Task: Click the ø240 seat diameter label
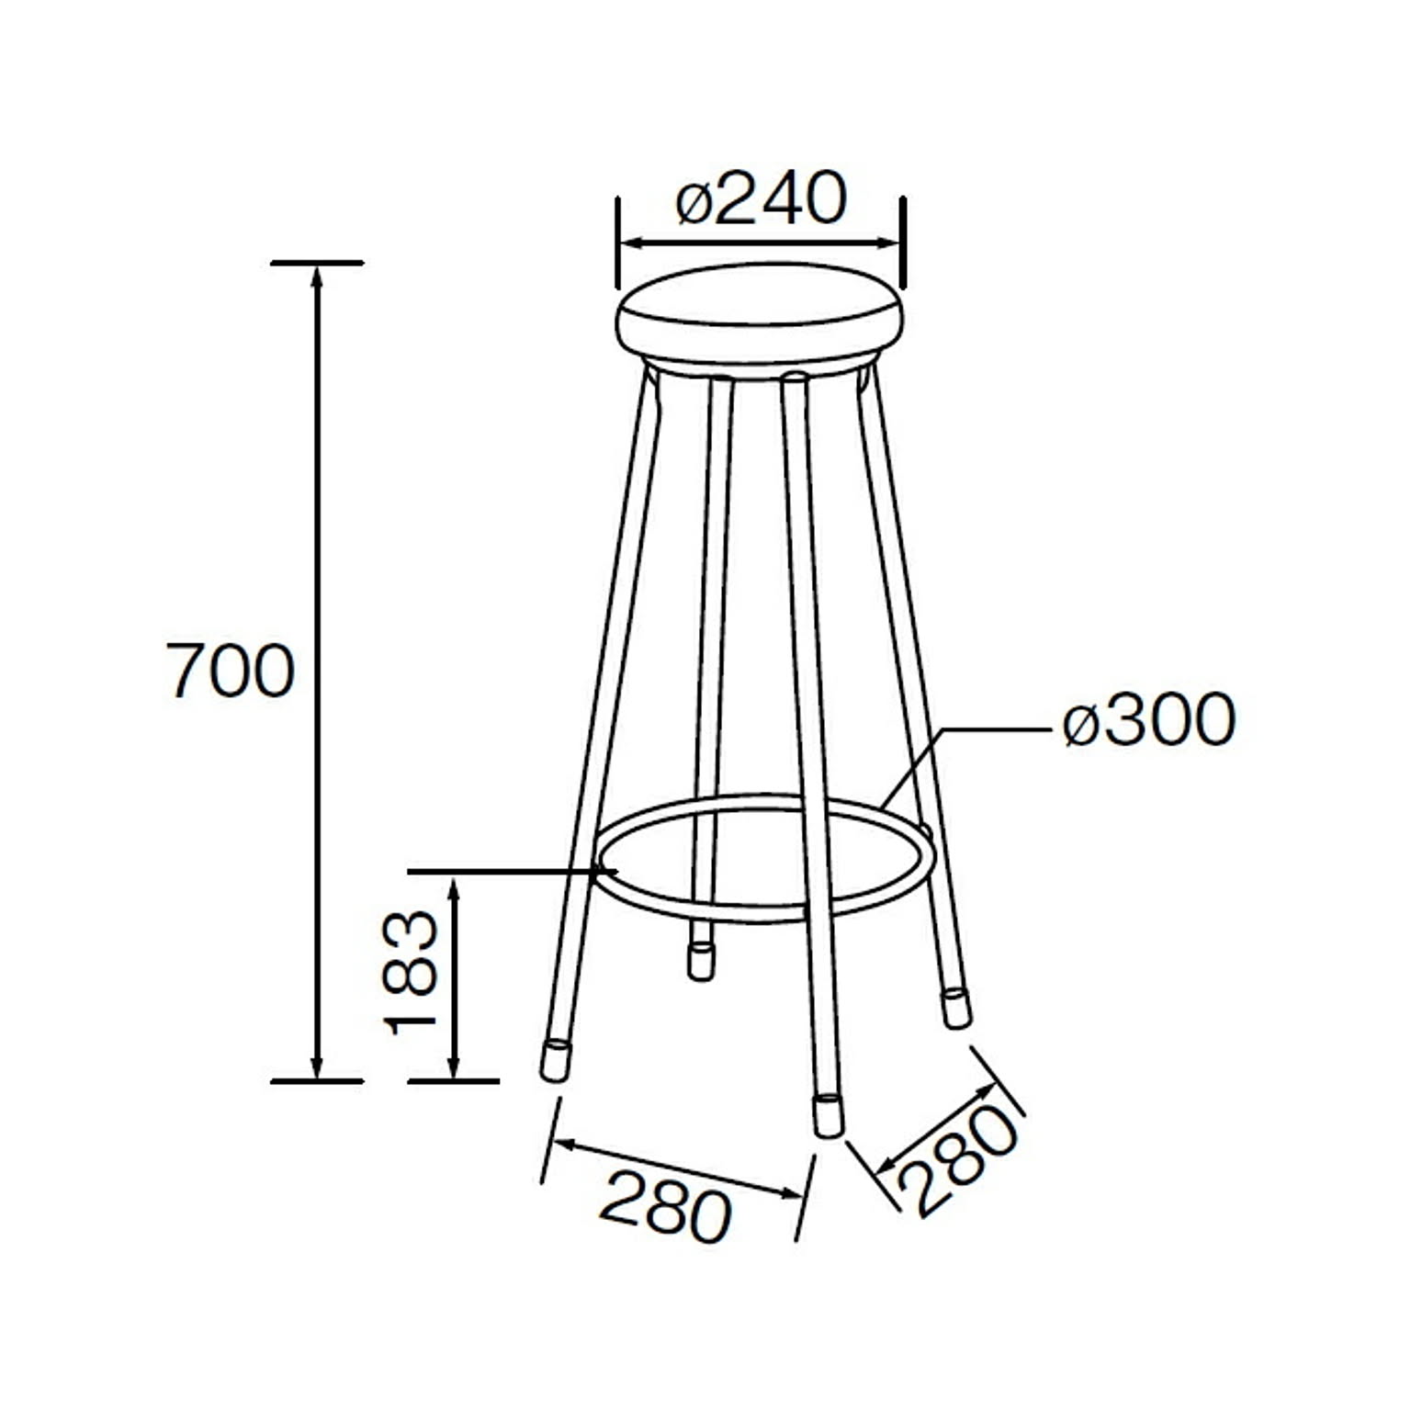[761, 198]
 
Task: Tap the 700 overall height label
[231, 671]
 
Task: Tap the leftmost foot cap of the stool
[554, 1060]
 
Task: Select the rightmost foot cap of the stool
[956, 1008]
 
